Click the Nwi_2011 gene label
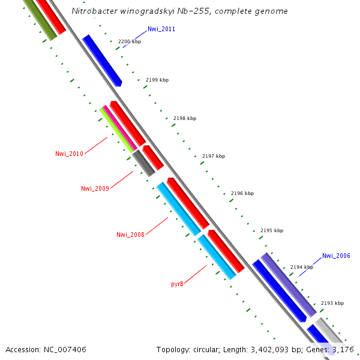(x=161, y=29)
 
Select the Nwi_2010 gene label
(x=69, y=154)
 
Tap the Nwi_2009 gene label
(x=95, y=188)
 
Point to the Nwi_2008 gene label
(x=130, y=235)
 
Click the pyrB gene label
(x=177, y=284)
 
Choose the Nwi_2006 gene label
(x=336, y=256)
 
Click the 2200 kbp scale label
(x=130, y=42)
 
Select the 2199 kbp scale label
(x=157, y=80)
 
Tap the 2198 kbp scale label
(x=185, y=119)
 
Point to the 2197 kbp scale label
(x=214, y=156)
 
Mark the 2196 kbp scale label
(x=242, y=194)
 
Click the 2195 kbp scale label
(x=272, y=230)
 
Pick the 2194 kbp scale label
(x=302, y=267)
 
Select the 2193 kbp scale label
(x=332, y=304)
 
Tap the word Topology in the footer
(x=173, y=349)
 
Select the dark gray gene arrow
(x=144, y=163)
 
